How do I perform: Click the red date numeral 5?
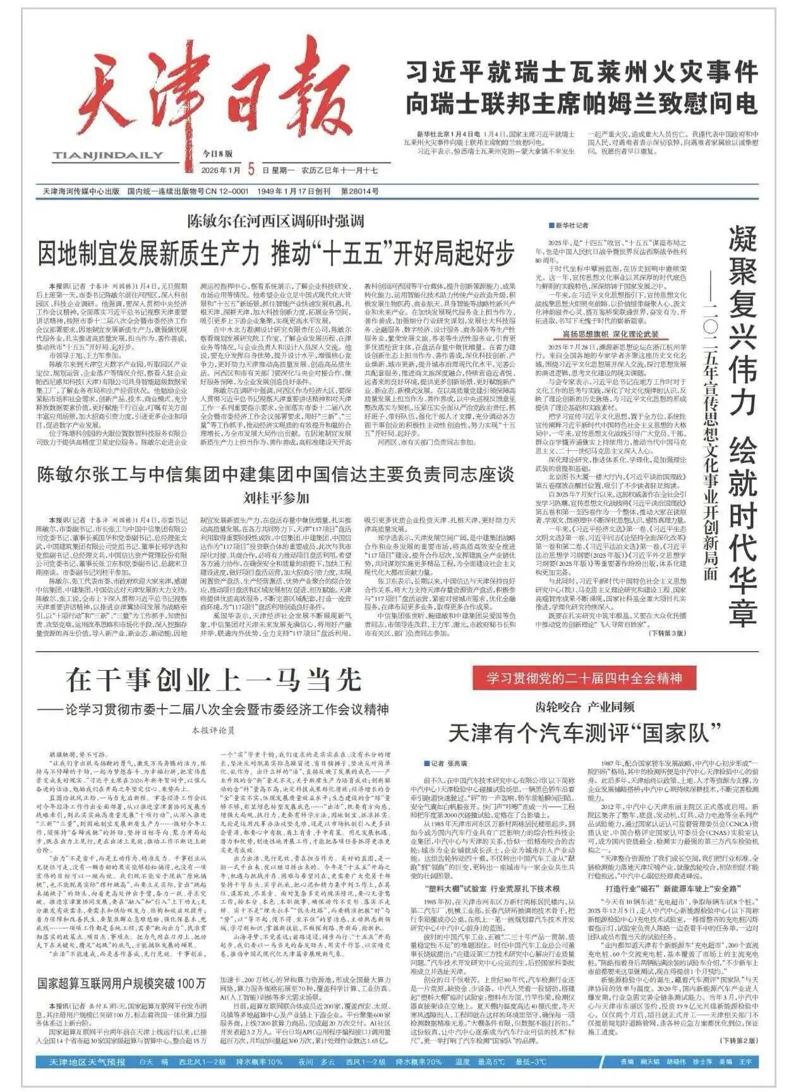[x=251, y=169]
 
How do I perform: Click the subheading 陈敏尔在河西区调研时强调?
[x=275, y=221]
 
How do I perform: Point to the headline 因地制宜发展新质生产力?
[x=276, y=254]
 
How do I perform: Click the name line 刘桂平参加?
[x=275, y=498]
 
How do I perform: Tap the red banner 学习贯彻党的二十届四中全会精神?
[x=584, y=679]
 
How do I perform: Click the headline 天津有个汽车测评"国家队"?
[x=584, y=733]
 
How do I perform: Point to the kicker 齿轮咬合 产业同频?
[x=584, y=707]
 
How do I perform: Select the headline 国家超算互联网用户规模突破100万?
[x=121, y=983]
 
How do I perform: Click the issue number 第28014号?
[x=359, y=191]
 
